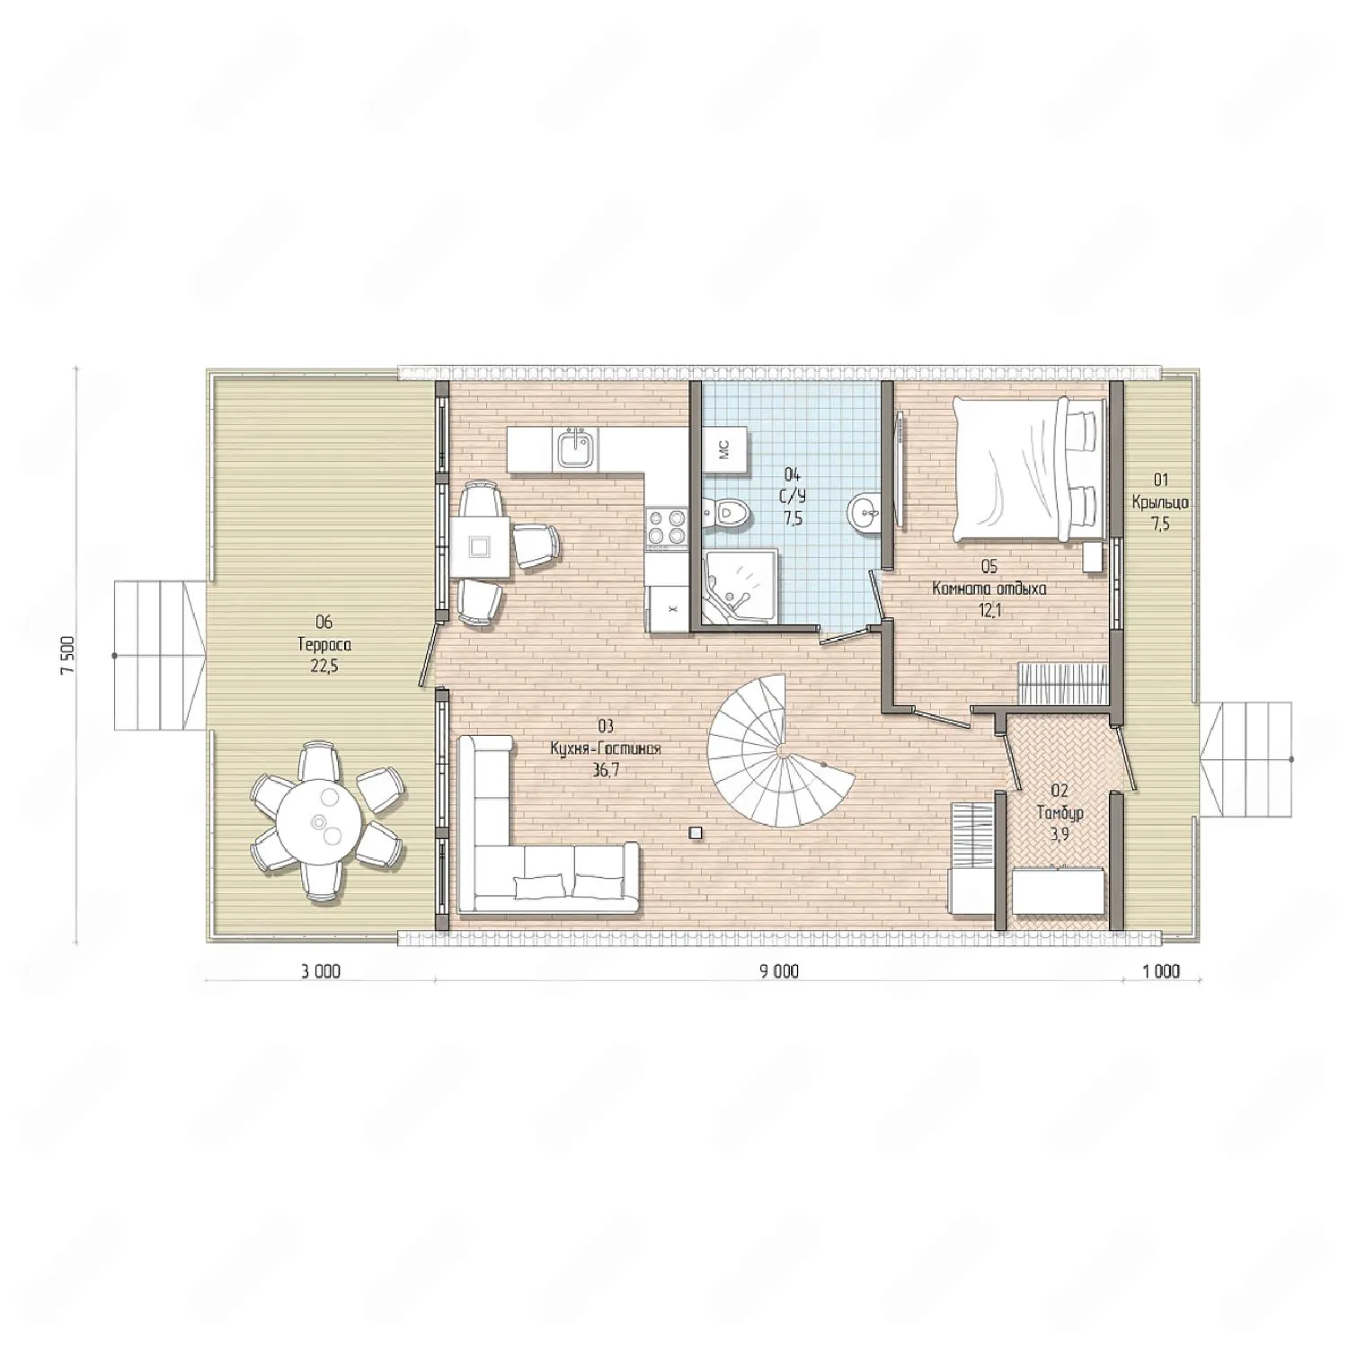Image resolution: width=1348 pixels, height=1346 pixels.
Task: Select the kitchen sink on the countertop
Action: coord(573,449)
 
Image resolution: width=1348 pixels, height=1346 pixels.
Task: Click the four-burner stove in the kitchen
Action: coord(664,527)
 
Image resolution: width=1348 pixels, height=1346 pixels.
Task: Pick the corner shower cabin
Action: coord(741,587)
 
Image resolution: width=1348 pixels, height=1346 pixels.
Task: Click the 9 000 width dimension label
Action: coord(777,971)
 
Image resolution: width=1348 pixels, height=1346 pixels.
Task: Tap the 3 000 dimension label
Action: coord(320,971)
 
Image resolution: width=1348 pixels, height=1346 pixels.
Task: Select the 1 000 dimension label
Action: coord(1161,971)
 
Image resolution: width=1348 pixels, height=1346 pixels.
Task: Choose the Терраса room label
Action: coord(324,644)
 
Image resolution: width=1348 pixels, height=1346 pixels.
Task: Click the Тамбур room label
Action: coord(1060,813)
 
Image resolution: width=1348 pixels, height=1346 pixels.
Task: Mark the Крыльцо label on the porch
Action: coord(1160,502)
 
